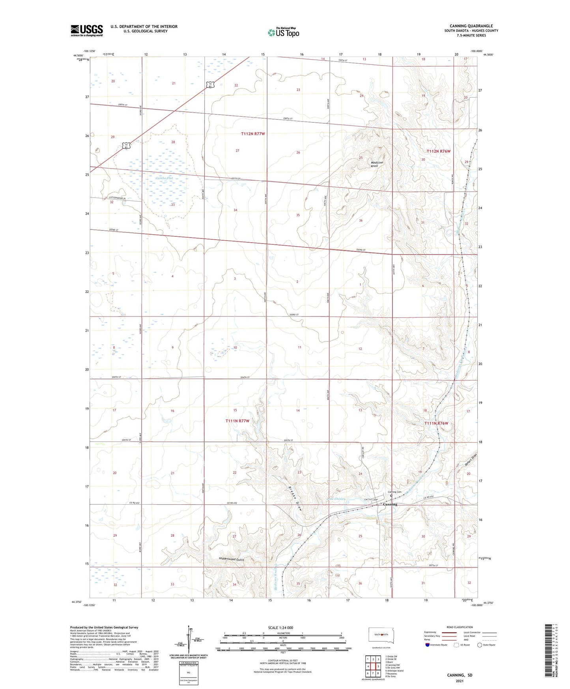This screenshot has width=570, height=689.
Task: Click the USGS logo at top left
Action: pos(86,30)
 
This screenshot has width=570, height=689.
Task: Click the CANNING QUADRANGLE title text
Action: pos(471,26)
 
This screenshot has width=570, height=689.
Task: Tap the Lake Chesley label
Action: pos(336,499)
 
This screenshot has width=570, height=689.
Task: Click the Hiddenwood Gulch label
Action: pos(232,560)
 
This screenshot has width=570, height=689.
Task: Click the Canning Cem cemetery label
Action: pos(394,492)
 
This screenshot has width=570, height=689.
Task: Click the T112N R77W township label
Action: pos(253,134)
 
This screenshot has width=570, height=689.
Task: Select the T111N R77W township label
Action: pos(237,421)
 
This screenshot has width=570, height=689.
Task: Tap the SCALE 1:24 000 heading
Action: pos(280,628)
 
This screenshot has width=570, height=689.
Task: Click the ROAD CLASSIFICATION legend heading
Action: pos(460,627)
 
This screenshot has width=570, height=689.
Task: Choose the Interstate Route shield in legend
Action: pos(428,645)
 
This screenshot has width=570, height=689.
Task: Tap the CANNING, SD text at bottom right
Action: pos(460,675)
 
